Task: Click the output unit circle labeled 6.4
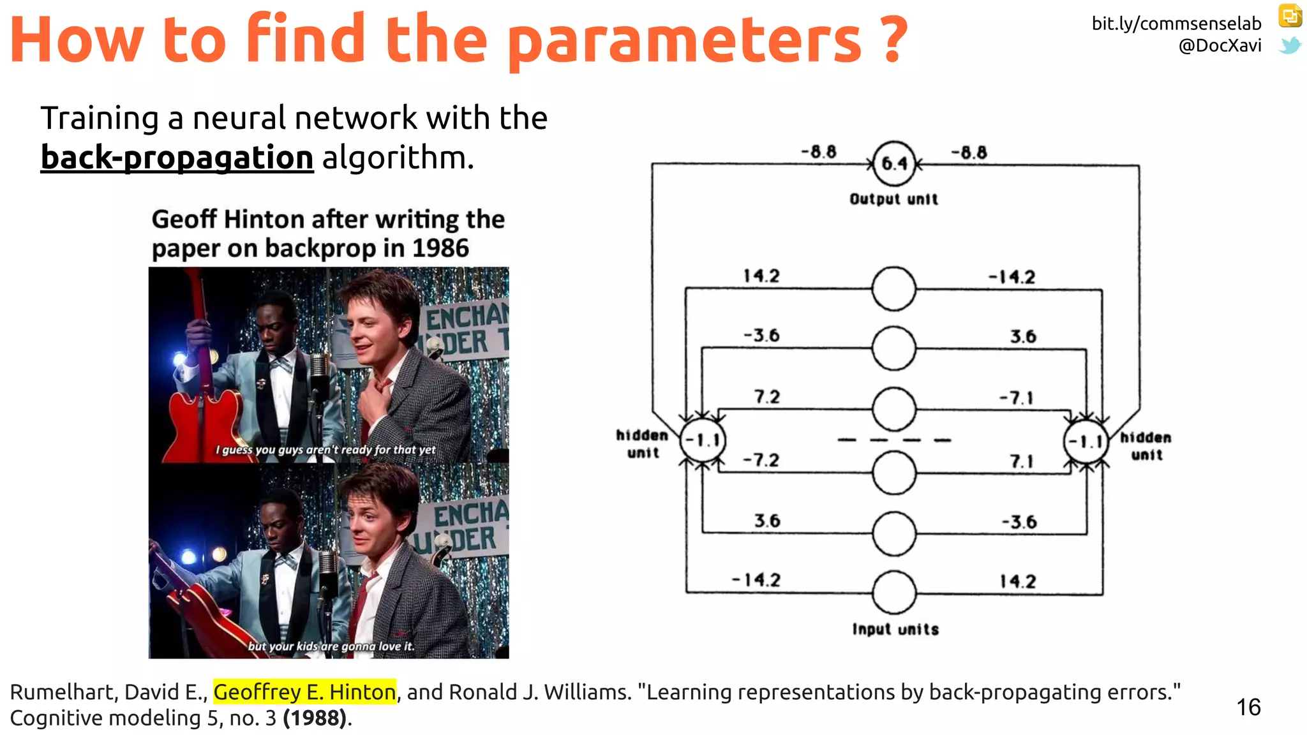click(893, 163)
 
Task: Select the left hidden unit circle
click(703, 440)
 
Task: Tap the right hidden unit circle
click(1086, 441)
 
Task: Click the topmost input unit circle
click(893, 288)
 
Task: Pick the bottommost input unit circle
click(893, 593)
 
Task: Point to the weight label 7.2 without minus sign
click(766, 397)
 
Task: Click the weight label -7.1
click(1016, 398)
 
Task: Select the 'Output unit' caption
click(893, 199)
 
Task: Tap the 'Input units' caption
click(895, 629)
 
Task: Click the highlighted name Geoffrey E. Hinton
click(304, 692)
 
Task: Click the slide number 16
click(1248, 707)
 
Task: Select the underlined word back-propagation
click(177, 158)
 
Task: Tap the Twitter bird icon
click(1290, 46)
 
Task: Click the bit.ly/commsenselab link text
click(1176, 24)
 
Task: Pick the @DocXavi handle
click(1220, 46)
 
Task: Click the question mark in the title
click(895, 40)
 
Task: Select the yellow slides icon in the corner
click(1290, 15)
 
